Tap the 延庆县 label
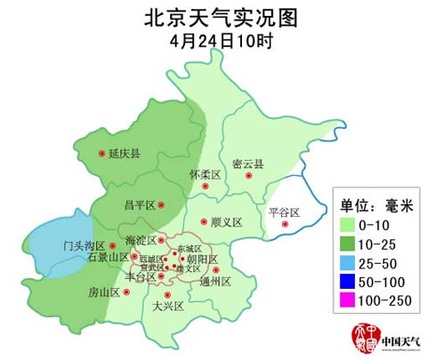tap(125, 154)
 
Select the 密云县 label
tap(248, 164)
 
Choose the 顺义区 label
tap(227, 221)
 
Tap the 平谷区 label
tap(284, 212)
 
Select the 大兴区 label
tap(167, 306)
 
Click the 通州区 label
tap(215, 282)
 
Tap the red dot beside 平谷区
tap(285, 223)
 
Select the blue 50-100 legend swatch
tap(344, 282)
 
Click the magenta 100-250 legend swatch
tap(344, 300)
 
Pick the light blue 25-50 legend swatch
tap(344, 264)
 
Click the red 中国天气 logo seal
tap(362, 339)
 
